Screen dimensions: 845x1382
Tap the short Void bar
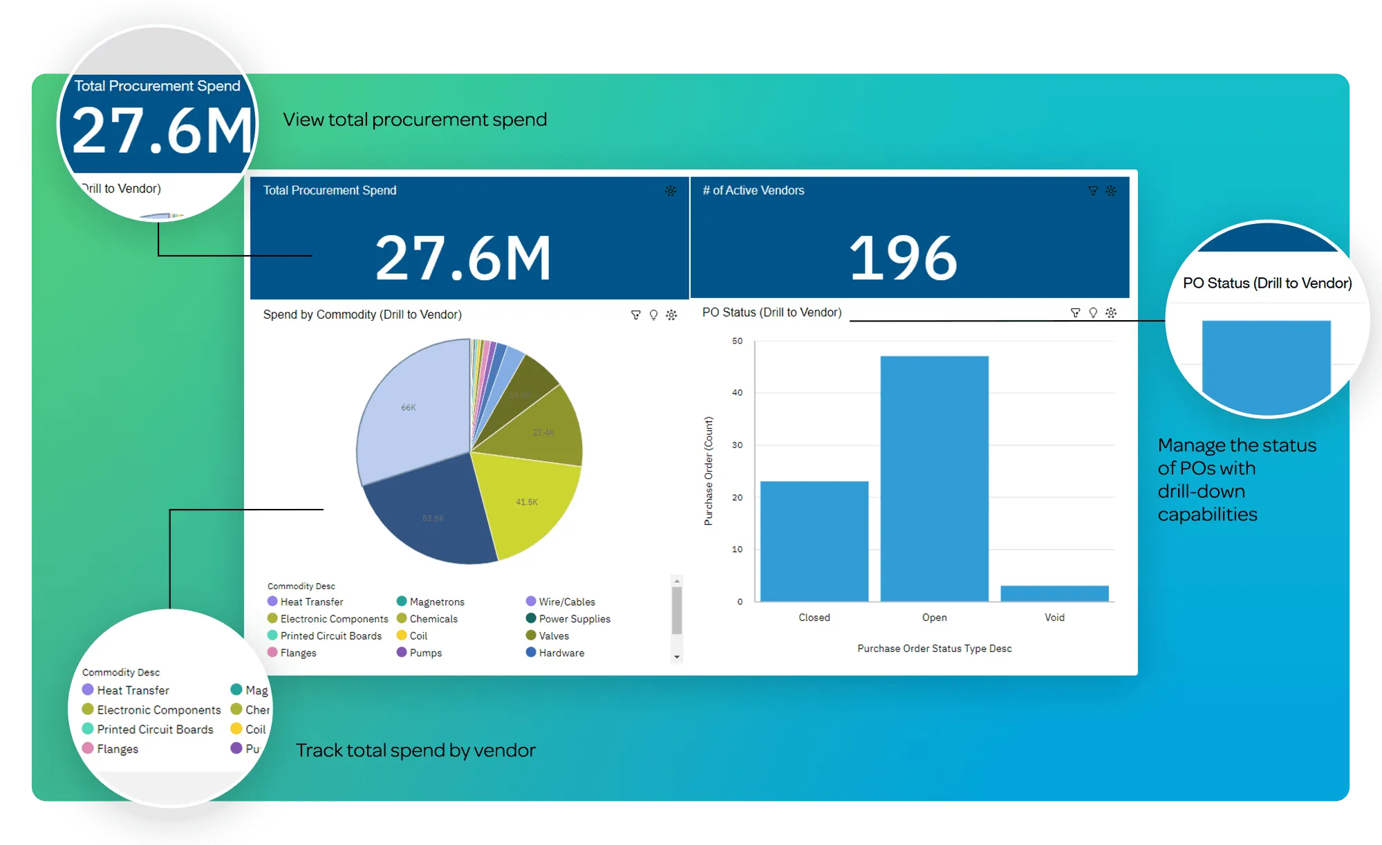[x=1054, y=593]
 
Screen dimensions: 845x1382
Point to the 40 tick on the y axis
[x=738, y=393]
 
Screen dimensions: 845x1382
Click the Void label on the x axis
[x=1054, y=617]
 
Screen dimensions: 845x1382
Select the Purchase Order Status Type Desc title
[x=934, y=649]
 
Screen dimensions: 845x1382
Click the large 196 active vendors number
[x=903, y=258]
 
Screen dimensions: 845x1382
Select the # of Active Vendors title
[x=753, y=190]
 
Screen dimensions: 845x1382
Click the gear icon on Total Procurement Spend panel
[x=671, y=191]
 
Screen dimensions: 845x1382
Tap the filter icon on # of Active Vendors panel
[x=1093, y=191]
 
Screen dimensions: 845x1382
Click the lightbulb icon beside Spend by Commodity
[x=653, y=315]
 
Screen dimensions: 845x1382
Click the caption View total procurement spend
[x=415, y=120]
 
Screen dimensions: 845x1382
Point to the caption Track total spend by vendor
[x=415, y=750]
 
